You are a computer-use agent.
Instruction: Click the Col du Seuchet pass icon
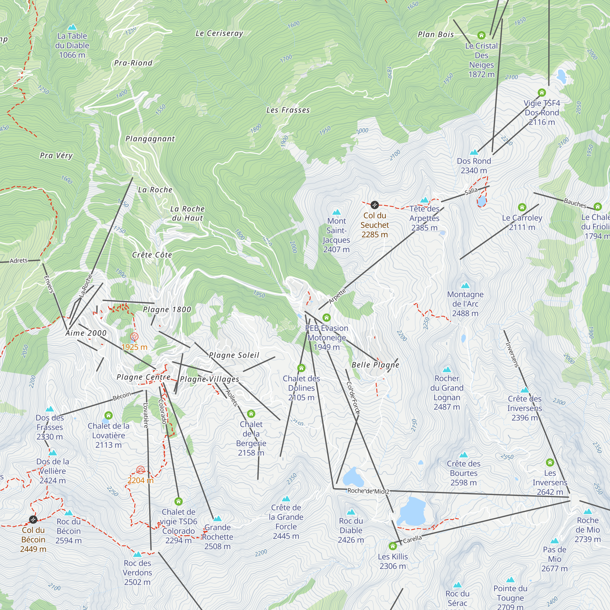coord(375,205)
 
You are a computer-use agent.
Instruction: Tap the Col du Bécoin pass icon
coord(33,519)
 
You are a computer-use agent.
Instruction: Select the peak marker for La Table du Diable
coord(72,27)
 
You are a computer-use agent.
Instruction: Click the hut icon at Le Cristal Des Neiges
coord(481,35)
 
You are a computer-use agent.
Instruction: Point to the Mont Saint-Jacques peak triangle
coord(337,212)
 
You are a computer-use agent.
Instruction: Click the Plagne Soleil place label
coord(234,355)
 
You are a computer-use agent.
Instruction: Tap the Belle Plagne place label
coord(375,365)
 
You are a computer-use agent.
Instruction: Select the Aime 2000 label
coord(86,333)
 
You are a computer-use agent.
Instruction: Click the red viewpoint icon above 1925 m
coord(134,337)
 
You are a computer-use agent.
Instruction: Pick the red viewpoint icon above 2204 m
coord(141,470)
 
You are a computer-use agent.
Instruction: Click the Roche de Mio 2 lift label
coord(368,491)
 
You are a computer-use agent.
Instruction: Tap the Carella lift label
coord(412,539)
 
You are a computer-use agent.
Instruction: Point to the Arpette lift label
coord(337,296)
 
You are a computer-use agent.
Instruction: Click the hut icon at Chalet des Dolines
coord(301,368)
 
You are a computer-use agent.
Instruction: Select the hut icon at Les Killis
coord(393,546)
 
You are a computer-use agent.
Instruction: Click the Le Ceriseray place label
coord(219,34)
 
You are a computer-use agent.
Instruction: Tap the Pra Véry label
coord(56,155)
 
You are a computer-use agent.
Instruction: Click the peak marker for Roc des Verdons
coord(137,554)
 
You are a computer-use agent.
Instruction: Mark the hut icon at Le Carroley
coord(522,207)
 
